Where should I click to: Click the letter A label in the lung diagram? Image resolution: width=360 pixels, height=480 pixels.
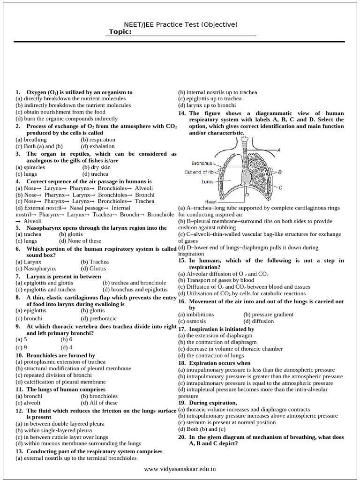279,150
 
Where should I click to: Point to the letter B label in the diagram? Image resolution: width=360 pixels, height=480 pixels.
280,172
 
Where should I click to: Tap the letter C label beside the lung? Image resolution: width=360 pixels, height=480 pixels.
280,187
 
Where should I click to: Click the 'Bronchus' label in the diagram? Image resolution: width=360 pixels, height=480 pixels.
202,164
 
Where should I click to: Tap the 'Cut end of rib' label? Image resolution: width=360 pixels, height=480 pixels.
199,172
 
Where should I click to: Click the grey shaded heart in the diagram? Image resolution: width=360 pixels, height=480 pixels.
246,176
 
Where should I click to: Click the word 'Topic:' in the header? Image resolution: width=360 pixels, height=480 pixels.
120,32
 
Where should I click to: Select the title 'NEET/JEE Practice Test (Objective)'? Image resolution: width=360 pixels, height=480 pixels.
180,24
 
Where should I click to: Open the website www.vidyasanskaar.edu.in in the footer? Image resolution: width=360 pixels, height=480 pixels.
180,469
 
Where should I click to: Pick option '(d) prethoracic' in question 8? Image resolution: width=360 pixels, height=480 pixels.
100,318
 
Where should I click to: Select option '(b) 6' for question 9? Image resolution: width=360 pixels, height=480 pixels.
67,339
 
